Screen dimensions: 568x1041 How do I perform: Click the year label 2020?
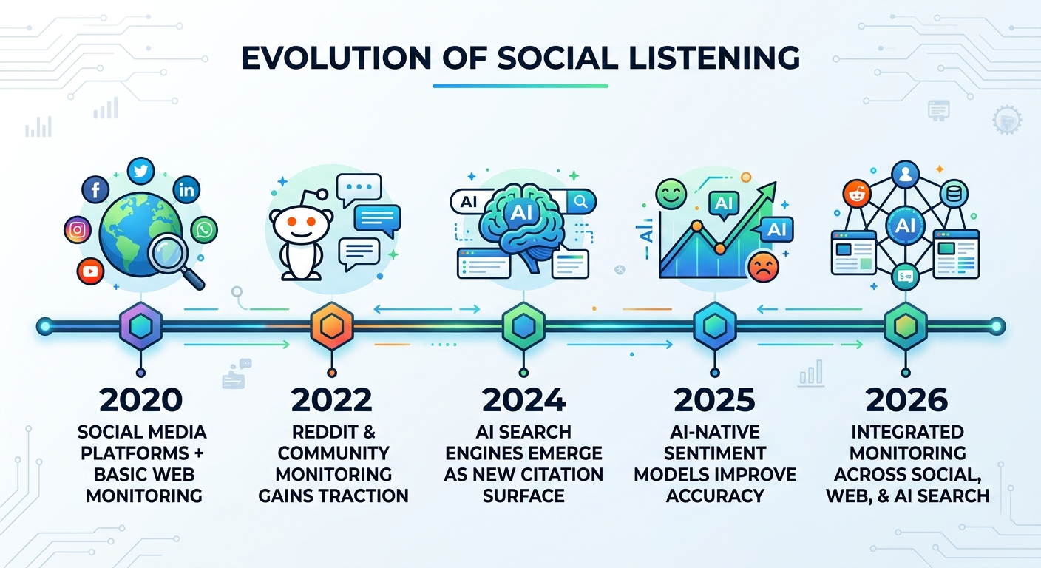click(x=140, y=399)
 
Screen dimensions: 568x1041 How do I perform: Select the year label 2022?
click(x=332, y=399)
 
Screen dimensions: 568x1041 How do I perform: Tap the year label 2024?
click(x=523, y=399)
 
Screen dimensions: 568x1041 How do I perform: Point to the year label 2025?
click(x=714, y=399)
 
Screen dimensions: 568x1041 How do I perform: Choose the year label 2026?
click(x=906, y=399)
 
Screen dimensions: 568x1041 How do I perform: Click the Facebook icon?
click(x=95, y=191)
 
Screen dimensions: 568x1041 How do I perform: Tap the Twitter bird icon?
click(x=140, y=171)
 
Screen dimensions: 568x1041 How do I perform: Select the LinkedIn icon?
click(x=186, y=191)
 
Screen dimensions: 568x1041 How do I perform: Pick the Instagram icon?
click(x=75, y=230)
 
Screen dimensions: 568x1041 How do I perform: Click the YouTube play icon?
click(x=91, y=271)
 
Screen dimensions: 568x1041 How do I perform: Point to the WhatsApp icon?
click(x=204, y=230)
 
